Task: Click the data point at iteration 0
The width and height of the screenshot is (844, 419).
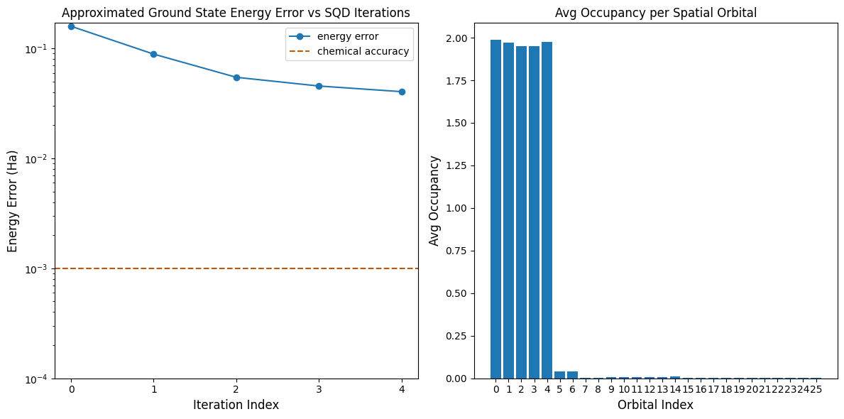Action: (71, 26)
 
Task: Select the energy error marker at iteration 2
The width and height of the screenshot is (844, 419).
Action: (236, 77)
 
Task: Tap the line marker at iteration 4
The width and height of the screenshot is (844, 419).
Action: (402, 92)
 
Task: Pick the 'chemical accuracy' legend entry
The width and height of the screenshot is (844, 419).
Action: (363, 51)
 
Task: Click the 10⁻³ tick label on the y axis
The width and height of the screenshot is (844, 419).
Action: (37, 268)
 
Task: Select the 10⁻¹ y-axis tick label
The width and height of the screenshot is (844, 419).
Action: (37, 48)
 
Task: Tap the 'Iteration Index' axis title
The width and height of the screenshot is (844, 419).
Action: (236, 405)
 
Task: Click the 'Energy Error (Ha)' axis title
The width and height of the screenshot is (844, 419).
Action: (13, 201)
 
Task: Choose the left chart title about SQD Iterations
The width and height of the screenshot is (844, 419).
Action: (236, 13)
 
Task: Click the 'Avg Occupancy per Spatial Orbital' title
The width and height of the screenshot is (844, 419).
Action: (655, 13)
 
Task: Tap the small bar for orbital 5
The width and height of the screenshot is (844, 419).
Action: (559, 375)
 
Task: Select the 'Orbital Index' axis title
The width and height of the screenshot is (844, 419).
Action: (655, 405)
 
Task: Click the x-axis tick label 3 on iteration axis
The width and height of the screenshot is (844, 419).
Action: (319, 390)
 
